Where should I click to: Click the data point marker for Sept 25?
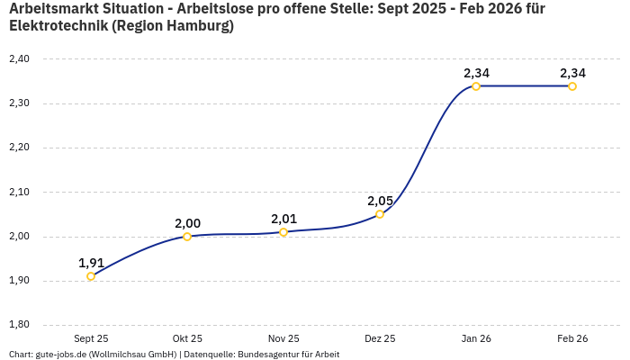pyautogui.click(x=91, y=276)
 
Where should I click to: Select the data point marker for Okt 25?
pyautogui.click(x=187, y=237)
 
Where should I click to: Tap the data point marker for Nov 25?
pyautogui.click(x=283, y=232)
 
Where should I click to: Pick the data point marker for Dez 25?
pyautogui.click(x=380, y=214)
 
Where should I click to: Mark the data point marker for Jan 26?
pyautogui.click(x=476, y=86)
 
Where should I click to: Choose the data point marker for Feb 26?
pyautogui.click(x=572, y=86)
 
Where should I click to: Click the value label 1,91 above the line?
pyautogui.click(x=91, y=263)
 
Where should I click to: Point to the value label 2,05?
pyautogui.click(x=380, y=201)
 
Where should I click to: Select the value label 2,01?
pyautogui.click(x=283, y=219)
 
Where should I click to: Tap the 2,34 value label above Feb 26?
pyautogui.click(x=572, y=73)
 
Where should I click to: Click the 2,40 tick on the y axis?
pyautogui.click(x=19, y=59)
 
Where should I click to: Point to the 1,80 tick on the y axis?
pyautogui.click(x=19, y=325)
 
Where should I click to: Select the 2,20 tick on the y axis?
pyautogui.click(x=19, y=148)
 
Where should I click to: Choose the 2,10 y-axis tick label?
pyautogui.click(x=19, y=192)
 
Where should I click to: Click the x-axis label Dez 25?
pyautogui.click(x=380, y=338)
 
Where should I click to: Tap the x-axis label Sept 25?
pyautogui.click(x=91, y=338)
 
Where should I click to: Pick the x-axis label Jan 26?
pyautogui.click(x=476, y=338)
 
